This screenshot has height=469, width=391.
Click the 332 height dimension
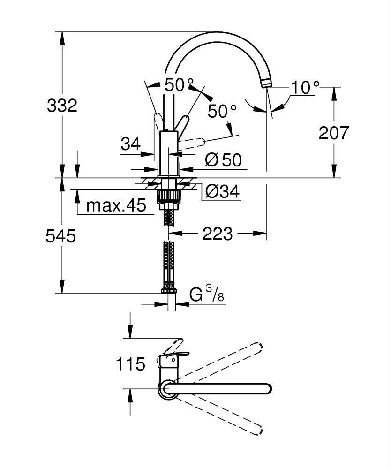(62, 106)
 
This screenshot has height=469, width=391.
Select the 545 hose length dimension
(60, 236)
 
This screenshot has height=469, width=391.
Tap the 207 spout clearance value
(334, 133)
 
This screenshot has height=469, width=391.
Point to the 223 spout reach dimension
(218, 234)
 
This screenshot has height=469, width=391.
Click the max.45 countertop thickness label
(116, 205)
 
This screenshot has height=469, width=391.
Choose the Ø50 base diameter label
(223, 160)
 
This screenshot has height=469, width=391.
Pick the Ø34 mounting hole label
(222, 191)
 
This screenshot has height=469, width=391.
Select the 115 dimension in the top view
(130, 364)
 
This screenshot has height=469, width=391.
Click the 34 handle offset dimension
(131, 144)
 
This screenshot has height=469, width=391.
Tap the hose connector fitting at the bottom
(169, 290)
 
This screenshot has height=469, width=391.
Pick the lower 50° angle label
(222, 111)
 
